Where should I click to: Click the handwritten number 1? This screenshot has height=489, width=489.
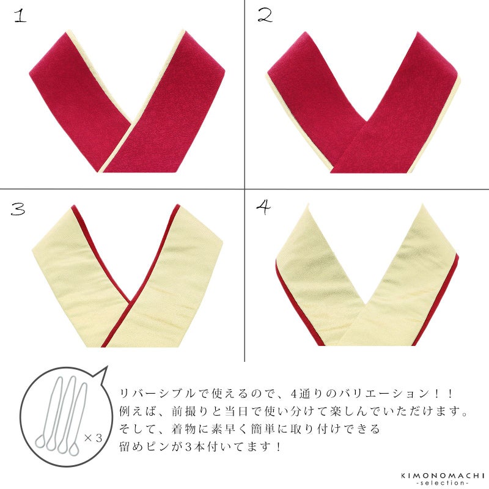[20, 16]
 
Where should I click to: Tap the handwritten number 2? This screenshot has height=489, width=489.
[265, 15]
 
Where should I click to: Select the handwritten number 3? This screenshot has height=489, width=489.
[18, 208]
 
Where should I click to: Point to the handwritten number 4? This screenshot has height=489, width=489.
[263, 207]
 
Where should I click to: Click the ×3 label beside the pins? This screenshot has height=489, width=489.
[94, 438]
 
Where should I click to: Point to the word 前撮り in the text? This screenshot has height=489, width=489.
[189, 411]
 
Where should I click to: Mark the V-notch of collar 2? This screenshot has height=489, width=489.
[367, 120]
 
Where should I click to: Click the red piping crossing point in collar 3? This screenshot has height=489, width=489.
[131, 303]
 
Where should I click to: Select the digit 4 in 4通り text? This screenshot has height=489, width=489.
[293, 394]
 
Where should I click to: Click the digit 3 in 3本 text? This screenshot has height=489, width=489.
[188, 447]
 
